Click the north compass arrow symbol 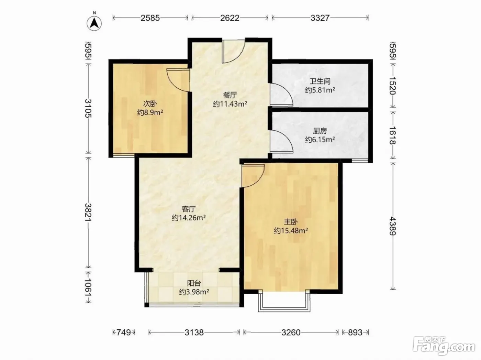[94, 23]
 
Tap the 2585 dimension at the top [150, 18]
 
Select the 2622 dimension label [230, 18]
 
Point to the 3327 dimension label [320, 18]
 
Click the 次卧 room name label [150, 103]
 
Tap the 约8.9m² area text [150, 112]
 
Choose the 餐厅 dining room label [230, 95]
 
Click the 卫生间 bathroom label [320, 81]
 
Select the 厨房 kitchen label [320, 131]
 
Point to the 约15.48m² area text [291, 231]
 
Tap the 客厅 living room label [189, 209]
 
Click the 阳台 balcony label [194, 283]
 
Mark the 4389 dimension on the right [393, 226]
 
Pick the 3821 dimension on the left [88, 212]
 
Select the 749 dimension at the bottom [124, 332]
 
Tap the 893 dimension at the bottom [355, 332]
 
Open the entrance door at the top [233, 51]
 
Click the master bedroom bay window [284, 302]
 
